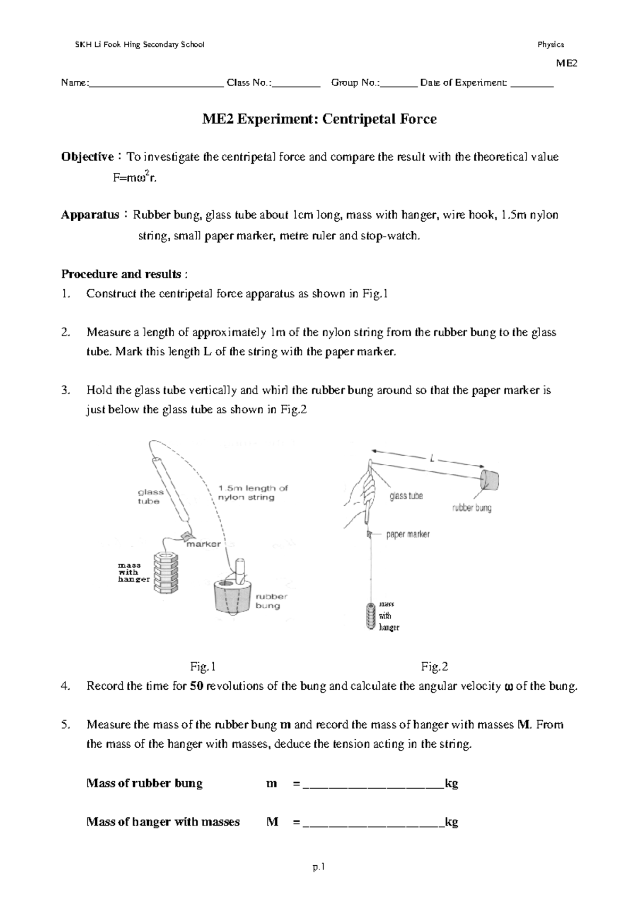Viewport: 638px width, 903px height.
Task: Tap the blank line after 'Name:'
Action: (x=156, y=83)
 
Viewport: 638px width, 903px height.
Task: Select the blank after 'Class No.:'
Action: (x=296, y=83)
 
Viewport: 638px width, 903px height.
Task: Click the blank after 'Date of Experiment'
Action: (x=532, y=83)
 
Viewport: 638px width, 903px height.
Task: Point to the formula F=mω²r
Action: (x=135, y=178)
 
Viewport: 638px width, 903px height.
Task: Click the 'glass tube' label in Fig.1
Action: (x=150, y=497)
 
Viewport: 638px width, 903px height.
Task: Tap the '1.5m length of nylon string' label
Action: (x=253, y=492)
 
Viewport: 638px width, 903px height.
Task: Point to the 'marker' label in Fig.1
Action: (x=203, y=544)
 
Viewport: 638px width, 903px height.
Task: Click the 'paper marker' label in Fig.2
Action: (x=408, y=534)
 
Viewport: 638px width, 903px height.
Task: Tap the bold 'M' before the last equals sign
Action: (x=272, y=822)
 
